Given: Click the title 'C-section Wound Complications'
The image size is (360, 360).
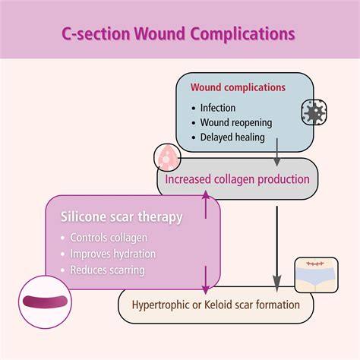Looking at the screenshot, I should pyautogui.click(x=179, y=35).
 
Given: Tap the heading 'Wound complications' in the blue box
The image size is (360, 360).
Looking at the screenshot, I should pyautogui.click(x=238, y=87).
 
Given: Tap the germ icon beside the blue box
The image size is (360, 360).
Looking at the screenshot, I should pyautogui.click(x=314, y=112).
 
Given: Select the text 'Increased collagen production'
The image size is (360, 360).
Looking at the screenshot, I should pyautogui.click(x=238, y=179).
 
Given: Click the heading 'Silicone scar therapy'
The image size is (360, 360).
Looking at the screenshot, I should pyautogui.click(x=122, y=217).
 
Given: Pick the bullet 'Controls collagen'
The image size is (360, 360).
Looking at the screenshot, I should pyautogui.click(x=109, y=238).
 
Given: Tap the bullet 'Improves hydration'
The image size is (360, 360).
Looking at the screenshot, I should pyautogui.click(x=113, y=254).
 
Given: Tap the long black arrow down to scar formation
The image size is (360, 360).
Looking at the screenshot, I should pyautogui.click(x=277, y=243).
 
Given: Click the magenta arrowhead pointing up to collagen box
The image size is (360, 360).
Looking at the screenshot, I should pyautogui.click(x=204, y=196).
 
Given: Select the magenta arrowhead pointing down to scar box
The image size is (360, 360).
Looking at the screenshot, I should pyautogui.click(x=204, y=289).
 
